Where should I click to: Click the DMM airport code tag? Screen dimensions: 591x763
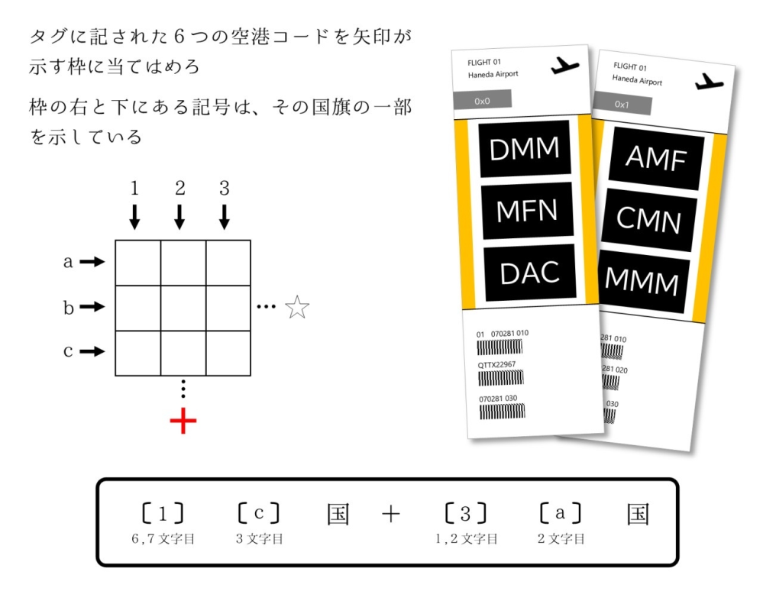click(524, 149)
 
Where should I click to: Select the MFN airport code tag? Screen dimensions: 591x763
click(526, 210)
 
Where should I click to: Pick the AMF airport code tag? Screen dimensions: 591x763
click(656, 158)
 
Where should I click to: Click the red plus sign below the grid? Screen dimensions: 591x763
click(183, 421)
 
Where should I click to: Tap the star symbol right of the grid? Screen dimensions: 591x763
click(297, 308)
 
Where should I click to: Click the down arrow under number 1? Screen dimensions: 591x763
click(135, 217)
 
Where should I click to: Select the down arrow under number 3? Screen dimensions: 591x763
click(225, 217)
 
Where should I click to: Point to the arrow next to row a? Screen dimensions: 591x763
click(92, 262)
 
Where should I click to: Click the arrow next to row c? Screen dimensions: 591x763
click(92, 352)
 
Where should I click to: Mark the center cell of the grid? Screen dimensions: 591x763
click(183, 308)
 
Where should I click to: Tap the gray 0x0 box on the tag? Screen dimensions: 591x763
click(481, 100)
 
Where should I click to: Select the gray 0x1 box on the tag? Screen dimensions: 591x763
click(624, 105)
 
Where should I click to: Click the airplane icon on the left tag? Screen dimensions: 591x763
click(564, 66)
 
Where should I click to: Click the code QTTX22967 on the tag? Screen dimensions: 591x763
click(496, 365)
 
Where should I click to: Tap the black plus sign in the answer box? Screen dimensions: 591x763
click(390, 515)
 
